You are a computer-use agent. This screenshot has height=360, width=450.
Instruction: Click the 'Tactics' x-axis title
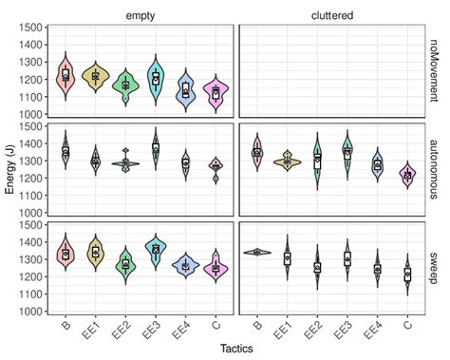(234, 350)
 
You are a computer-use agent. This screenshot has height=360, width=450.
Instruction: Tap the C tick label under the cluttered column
(408, 305)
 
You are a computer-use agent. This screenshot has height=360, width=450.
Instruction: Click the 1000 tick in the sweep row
(29, 284)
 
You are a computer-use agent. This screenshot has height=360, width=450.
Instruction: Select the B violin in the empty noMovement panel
(66, 75)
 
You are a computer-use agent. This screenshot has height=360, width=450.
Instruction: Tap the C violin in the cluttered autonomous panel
(407, 175)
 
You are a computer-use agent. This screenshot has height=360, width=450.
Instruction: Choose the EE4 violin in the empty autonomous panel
(187, 163)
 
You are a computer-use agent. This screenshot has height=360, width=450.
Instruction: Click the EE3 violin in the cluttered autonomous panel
(347, 152)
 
